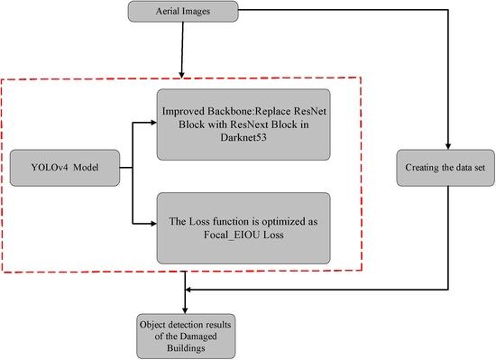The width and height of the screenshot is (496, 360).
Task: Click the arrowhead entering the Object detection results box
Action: (x=187, y=308)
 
